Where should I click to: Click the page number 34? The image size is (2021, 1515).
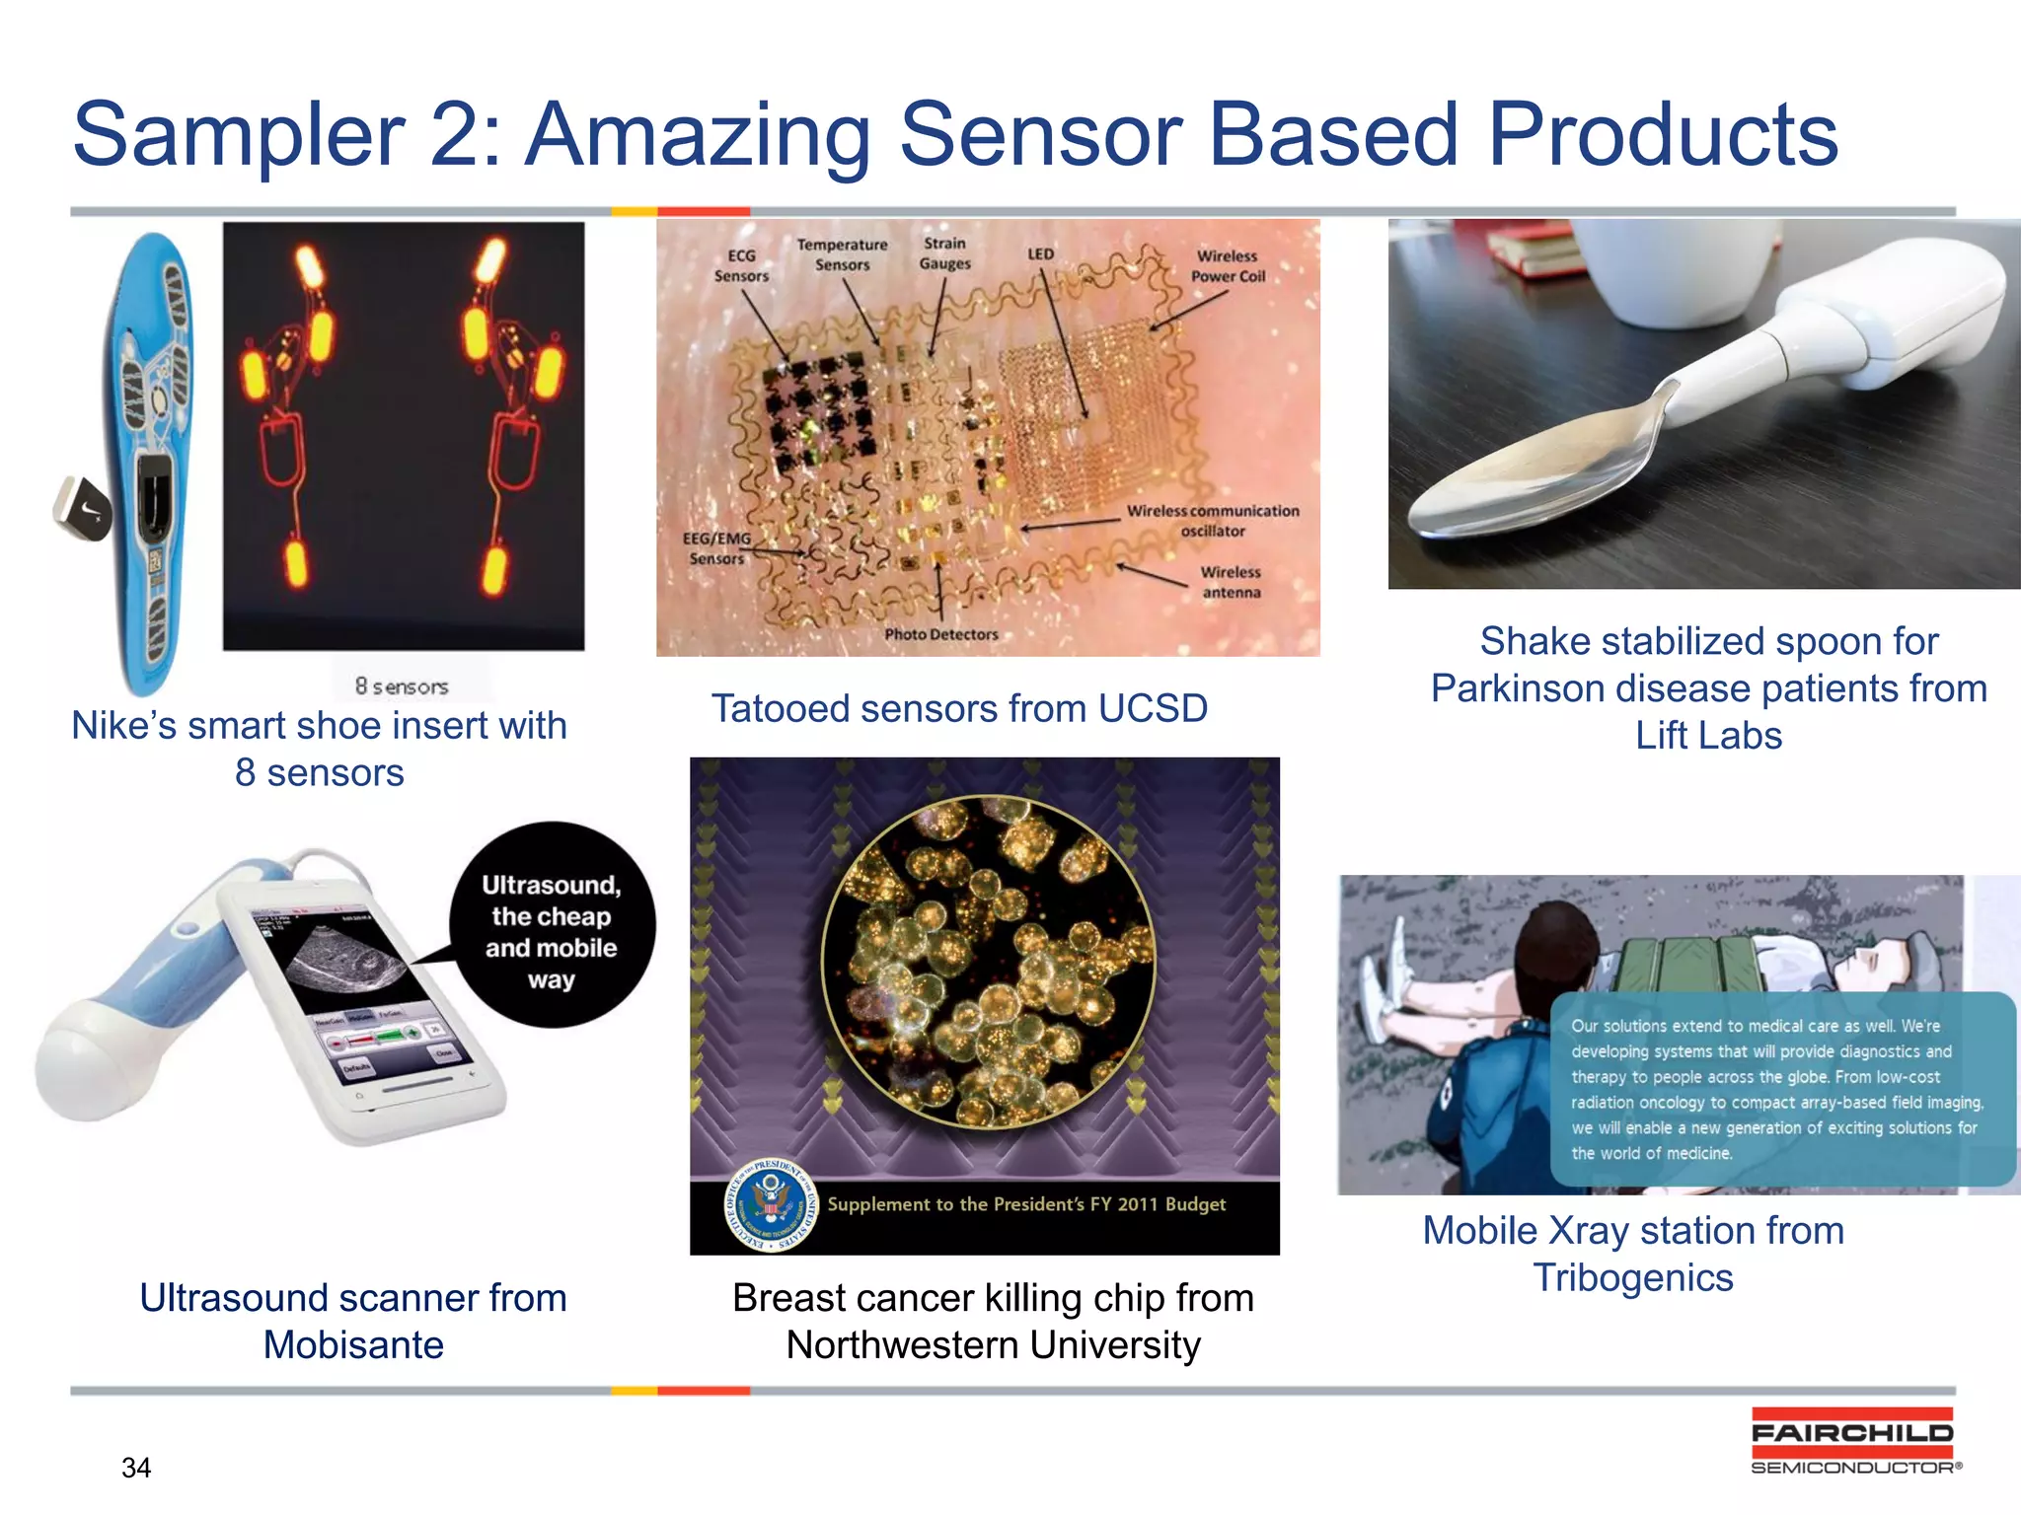136,1468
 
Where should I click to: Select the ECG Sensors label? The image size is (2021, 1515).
741,266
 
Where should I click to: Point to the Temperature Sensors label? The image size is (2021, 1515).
842,254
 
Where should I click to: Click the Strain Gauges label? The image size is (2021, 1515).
944,253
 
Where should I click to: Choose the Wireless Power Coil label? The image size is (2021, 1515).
1227,266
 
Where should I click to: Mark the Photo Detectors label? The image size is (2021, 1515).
940,634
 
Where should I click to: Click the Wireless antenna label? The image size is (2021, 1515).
1231,582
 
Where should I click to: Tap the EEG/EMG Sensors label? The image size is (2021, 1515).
717,548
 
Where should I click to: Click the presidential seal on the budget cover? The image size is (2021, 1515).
771,1204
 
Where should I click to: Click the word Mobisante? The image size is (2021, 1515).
353,1345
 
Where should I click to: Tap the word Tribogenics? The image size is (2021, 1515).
1633,1278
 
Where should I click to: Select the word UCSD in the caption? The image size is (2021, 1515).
1153,708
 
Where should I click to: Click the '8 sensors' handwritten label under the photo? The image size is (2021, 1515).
402,685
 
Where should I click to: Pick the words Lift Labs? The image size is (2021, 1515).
1708,736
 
